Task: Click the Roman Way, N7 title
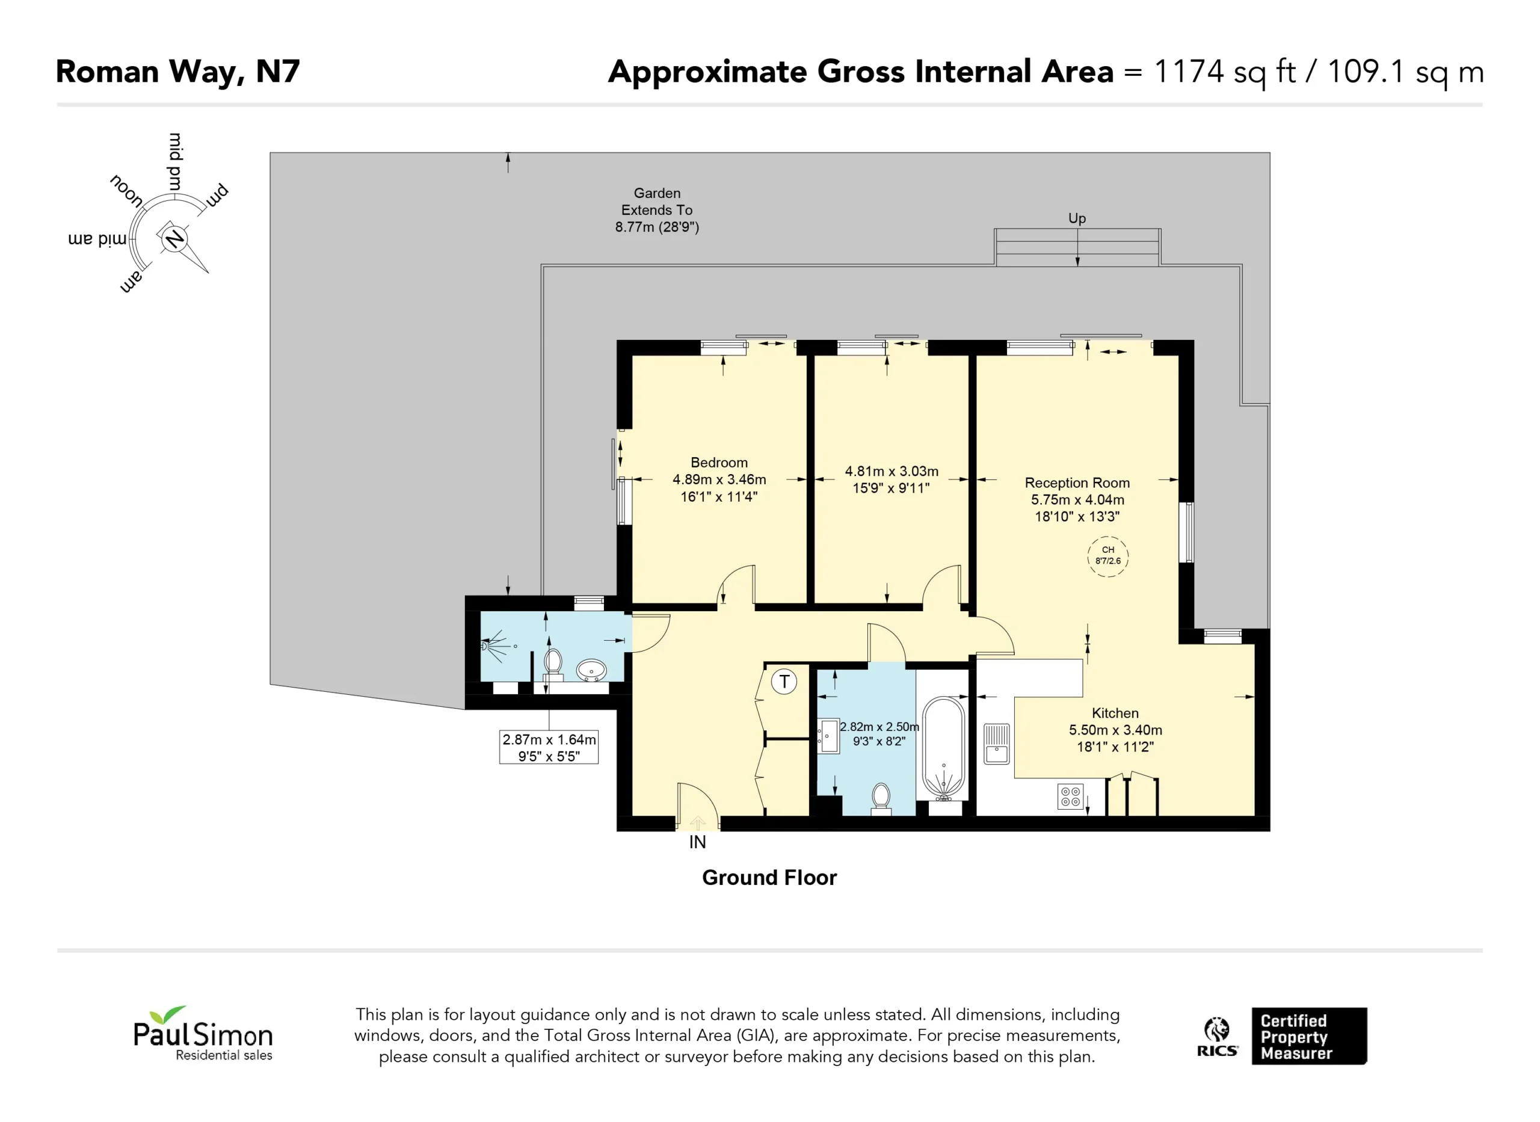coord(178,72)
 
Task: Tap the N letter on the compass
coord(174,238)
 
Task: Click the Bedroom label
coord(719,463)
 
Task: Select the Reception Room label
coord(1077,483)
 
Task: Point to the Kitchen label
coord(1115,713)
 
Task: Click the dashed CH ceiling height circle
coord(1107,556)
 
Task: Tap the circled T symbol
coord(784,681)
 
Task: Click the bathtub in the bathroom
coord(943,747)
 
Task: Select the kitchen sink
coord(997,744)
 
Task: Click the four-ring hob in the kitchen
coord(1071,797)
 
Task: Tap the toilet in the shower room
coord(553,664)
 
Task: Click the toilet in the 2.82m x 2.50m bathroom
coord(881,798)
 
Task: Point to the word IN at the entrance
coord(697,842)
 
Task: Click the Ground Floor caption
coord(769,878)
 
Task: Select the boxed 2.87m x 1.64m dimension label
coord(549,747)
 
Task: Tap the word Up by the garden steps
coord(1077,218)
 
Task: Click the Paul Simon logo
coord(203,1033)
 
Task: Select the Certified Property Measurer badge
coord(1308,1037)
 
